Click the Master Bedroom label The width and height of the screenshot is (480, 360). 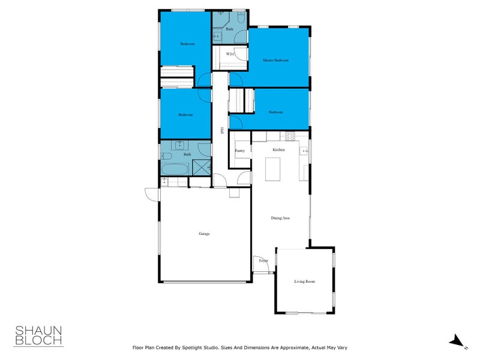[x=276, y=61]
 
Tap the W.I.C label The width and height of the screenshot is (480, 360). [x=230, y=55]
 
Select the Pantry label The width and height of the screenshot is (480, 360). [x=239, y=151]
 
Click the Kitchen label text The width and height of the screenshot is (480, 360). [x=278, y=149]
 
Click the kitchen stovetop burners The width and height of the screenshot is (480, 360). [x=289, y=136]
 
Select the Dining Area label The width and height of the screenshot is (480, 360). [x=280, y=218]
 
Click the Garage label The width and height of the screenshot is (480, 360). [x=205, y=233]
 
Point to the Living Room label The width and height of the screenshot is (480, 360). [x=304, y=281]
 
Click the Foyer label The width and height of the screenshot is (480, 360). [x=263, y=261]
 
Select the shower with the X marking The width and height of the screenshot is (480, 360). [x=202, y=167]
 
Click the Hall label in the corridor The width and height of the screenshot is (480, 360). [x=221, y=130]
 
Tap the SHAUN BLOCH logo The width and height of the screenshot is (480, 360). [x=38, y=335]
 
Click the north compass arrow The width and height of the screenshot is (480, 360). [x=457, y=341]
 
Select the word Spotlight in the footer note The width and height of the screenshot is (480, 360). [x=193, y=347]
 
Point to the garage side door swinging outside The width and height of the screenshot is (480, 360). [x=150, y=193]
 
